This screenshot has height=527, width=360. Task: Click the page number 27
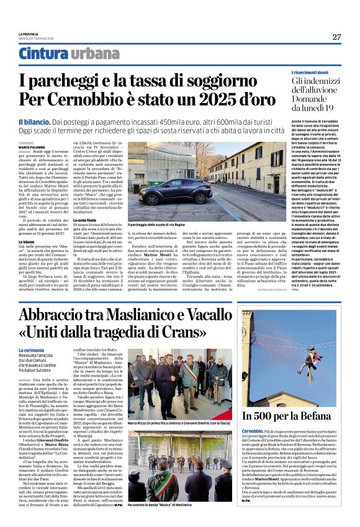336,37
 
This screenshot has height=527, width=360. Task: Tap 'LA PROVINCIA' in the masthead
29,33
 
